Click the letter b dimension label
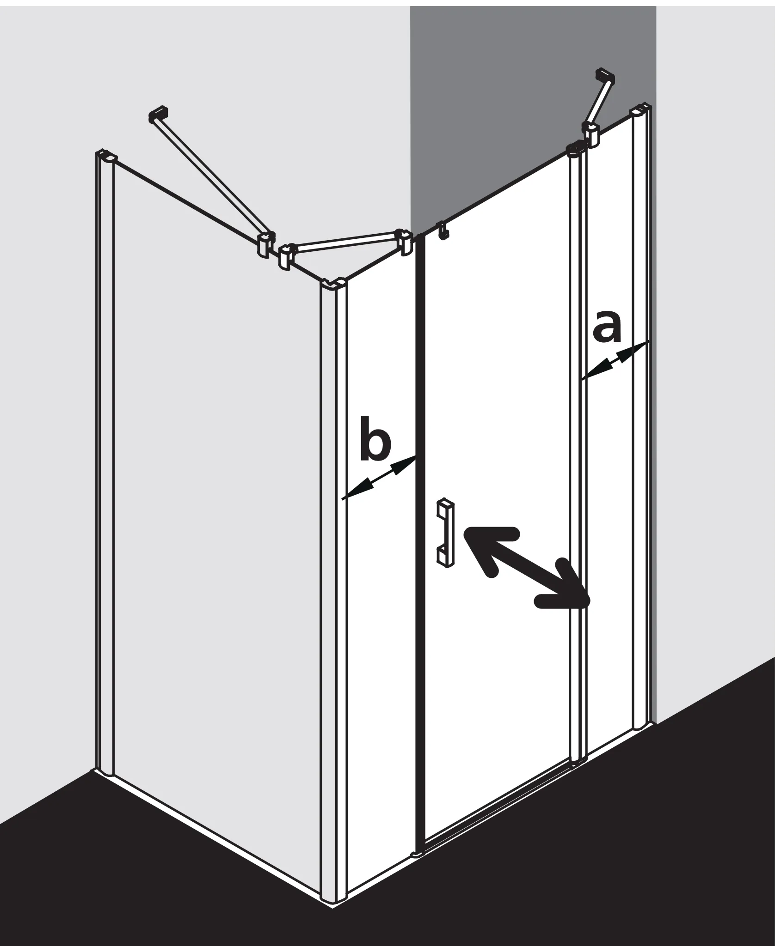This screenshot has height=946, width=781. point(375,439)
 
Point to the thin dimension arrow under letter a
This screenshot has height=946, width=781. point(615,360)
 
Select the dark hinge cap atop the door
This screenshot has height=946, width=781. point(576,149)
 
